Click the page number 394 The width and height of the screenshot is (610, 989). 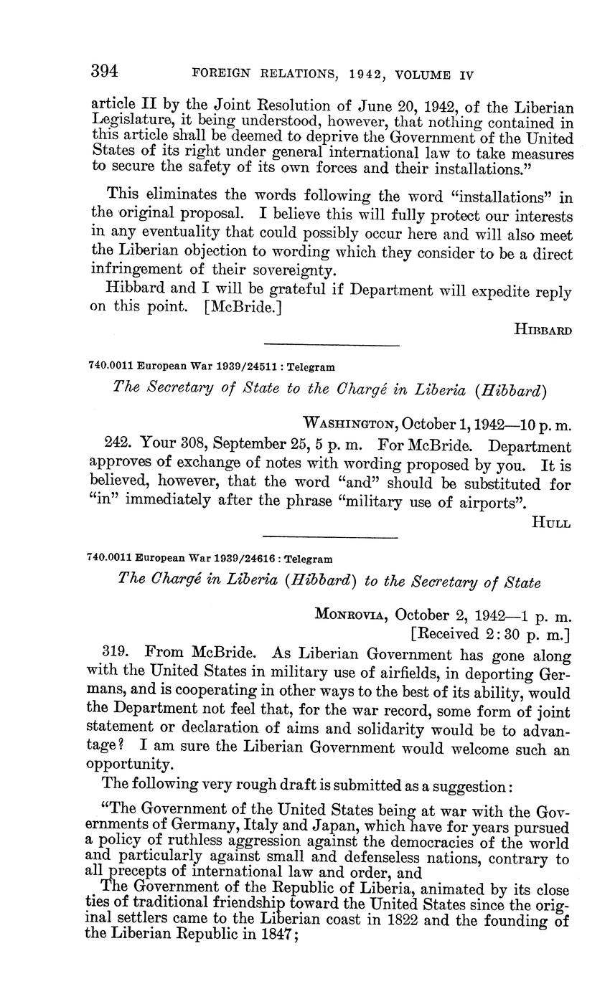click(x=104, y=71)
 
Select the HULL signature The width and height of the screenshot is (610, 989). click(x=550, y=523)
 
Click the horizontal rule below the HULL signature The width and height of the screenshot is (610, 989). click(x=330, y=537)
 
